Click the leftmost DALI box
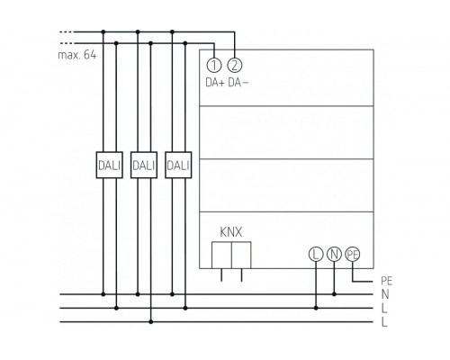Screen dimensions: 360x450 pos(109,166)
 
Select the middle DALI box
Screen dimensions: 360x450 pos(144,166)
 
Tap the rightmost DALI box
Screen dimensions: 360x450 pos(178,166)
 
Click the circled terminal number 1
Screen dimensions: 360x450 pos(213,65)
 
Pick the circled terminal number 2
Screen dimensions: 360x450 pos(234,65)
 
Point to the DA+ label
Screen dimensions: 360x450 pos(213,84)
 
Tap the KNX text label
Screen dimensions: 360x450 pos(230,231)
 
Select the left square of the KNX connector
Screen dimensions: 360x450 pos(220,256)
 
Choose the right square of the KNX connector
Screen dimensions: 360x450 pos(242,256)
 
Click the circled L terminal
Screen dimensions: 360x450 pos(315,256)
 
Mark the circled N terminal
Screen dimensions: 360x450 pos(334,256)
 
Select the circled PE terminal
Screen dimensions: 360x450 pos(353,256)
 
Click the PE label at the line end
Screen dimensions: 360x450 pos(387,281)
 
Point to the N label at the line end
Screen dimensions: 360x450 pos(385,294)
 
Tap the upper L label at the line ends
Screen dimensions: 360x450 pos(385,308)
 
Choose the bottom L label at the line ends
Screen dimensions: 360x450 pos(385,321)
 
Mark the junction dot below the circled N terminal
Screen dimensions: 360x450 pos(334,294)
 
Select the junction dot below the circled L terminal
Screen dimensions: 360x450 pos(315,308)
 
